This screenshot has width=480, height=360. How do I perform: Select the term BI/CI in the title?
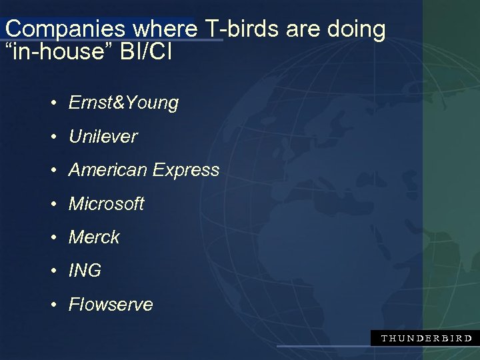pyautogui.click(x=147, y=51)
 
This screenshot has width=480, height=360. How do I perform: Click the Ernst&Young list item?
pyautogui.click(x=123, y=103)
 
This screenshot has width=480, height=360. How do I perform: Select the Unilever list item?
pyautogui.click(x=103, y=137)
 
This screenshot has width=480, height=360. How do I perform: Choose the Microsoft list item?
pyautogui.click(x=106, y=203)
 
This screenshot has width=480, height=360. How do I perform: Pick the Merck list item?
pyautogui.click(x=94, y=237)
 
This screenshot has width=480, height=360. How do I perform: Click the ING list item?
pyautogui.click(x=85, y=271)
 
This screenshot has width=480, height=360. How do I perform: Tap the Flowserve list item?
pyautogui.click(x=111, y=305)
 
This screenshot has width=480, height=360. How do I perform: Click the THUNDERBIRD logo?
pyautogui.click(x=426, y=338)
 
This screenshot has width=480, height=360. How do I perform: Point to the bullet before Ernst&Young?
pyautogui.click(x=53, y=104)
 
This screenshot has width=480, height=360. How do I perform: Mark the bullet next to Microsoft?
pyautogui.click(x=53, y=205)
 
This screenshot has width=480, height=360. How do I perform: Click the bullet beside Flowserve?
pyautogui.click(x=53, y=305)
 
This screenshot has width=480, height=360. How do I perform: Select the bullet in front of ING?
pyautogui.click(x=53, y=271)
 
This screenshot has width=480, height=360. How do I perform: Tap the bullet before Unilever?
pyautogui.click(x=53, y=137)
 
